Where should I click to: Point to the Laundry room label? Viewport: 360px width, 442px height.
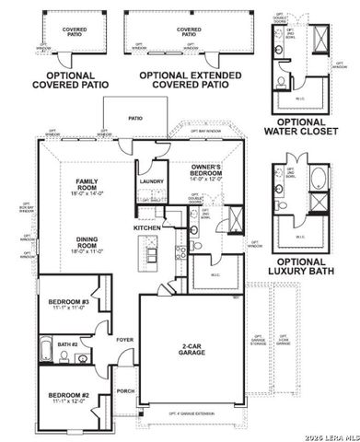tap(151, 182)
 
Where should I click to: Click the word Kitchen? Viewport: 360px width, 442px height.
tap(147, 227)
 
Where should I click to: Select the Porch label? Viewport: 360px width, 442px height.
tap(125, 390)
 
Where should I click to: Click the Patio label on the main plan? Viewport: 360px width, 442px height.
tap(135, 119)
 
